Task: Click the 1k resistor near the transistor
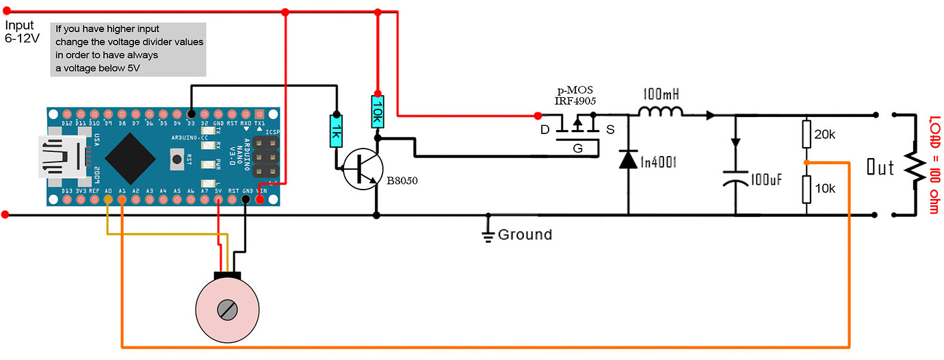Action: pos(335,131)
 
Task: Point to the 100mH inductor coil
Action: pos(660,112)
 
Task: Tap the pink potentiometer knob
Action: pos(227,310)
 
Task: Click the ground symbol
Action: pos(488,235)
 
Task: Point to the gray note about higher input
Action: pos(129,49)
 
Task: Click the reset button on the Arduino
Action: pos(175,159)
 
